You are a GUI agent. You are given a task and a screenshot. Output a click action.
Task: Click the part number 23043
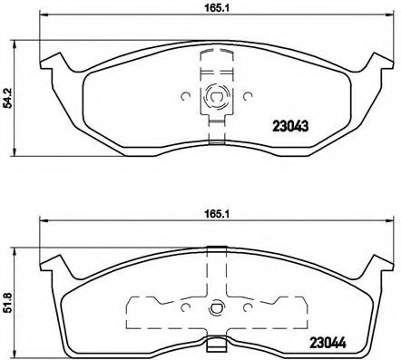coord(292,128)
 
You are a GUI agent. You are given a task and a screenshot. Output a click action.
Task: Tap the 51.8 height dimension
coord(9,295)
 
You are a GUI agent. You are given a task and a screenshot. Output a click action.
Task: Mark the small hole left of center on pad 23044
coord(184,305)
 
